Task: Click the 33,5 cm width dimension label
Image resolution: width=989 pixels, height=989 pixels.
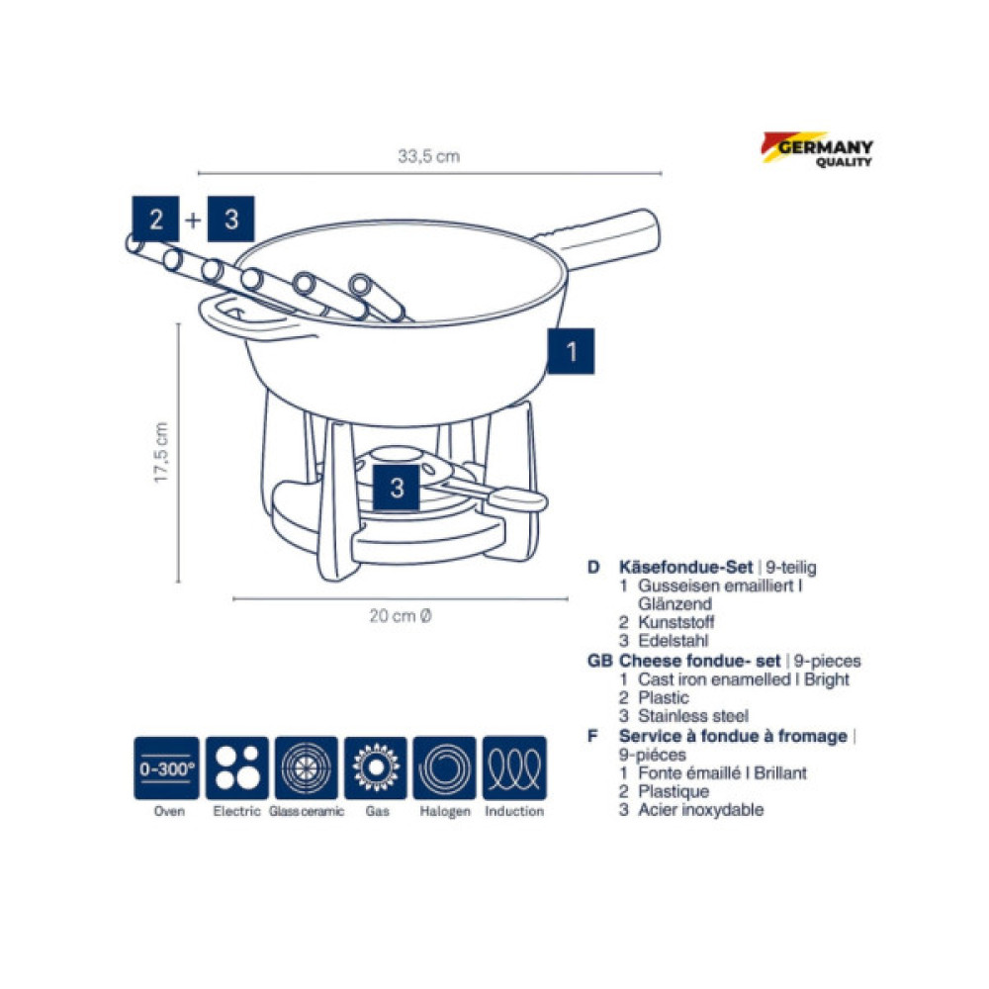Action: click(x=429, y=156)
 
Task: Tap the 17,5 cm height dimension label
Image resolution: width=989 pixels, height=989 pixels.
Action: click(x=161, y=453)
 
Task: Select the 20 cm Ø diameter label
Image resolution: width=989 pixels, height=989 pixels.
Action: click(x=401, y=615)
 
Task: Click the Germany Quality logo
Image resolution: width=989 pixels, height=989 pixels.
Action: click(x=817, y=149)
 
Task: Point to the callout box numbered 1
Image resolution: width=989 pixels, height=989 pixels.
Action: click(x=571, y=351)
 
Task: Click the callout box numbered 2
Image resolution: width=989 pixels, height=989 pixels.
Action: click(x=156, y=219)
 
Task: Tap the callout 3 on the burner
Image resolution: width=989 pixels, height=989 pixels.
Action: click(x=397, y=488)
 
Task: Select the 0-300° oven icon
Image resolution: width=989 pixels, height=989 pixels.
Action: click(x=166, y=768)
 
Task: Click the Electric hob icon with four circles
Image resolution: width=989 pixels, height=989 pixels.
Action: click(x=237, y=768)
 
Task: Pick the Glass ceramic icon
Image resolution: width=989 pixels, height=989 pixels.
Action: click(x=307, y=768)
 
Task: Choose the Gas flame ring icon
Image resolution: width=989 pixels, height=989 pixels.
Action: click(x=376, y=768)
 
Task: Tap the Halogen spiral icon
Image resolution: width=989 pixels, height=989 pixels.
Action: click(x=445, y=768)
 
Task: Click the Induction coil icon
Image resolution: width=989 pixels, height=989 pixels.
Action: click(x=514, y=768)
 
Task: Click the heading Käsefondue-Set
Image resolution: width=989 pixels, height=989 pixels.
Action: click(x=685, y=567)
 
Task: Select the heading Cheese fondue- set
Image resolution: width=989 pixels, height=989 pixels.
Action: click(x=699, y=661)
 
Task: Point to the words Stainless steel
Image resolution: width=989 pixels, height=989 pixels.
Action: click(x=693, y=716)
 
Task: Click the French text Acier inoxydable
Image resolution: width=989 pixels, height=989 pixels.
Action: click(x=701, y=810)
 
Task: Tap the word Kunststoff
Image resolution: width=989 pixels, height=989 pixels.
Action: click(x=676, y=622)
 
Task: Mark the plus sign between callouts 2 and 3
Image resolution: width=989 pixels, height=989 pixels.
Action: click(x=193, y=220)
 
